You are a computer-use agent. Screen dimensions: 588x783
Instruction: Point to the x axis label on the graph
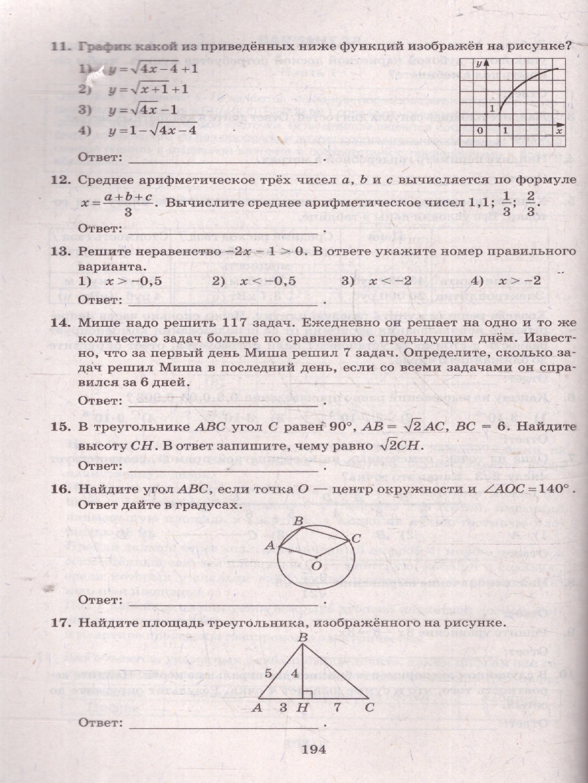[x=559, y=130]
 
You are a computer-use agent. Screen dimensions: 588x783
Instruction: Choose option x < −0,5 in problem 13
[x=267, y=281]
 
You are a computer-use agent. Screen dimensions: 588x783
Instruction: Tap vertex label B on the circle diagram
[x=298, y=521]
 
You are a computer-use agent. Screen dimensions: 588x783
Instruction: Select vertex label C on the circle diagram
[x=357, y=538]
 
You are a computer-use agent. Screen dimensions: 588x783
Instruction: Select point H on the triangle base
[x=302, y=707]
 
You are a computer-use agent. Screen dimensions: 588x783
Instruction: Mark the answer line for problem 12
[x=225, y=230]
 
